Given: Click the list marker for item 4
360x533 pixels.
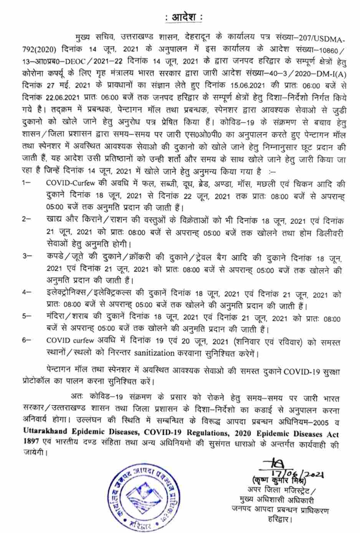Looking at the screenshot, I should (x=26, y=292).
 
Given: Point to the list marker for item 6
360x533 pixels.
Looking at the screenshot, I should (x=26, y=340).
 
